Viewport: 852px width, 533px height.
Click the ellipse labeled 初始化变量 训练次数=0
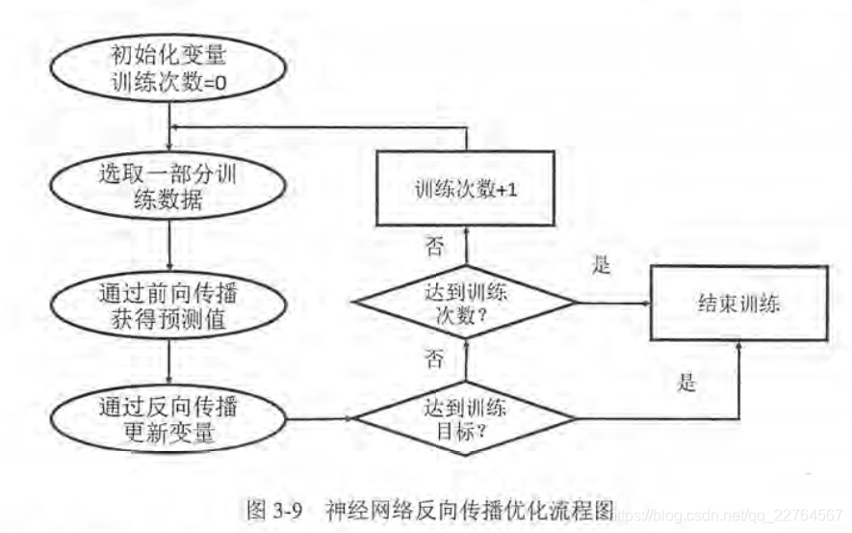[169, 70]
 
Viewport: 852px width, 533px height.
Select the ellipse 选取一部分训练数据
[169, 189]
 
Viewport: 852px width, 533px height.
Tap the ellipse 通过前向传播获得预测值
[169, 306]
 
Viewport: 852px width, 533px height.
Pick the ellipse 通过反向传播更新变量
[169, 418]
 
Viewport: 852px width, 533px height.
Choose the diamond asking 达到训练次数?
[466, 301]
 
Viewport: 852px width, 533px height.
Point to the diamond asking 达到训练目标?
[466, 418]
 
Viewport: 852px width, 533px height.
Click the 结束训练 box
[738, 303]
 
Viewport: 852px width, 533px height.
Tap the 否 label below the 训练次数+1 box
[435, 247]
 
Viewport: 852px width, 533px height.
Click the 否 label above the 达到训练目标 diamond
[435, 360]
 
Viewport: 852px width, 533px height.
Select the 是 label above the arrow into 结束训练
[601, 267]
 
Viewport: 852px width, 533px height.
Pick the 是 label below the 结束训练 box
[686, 383]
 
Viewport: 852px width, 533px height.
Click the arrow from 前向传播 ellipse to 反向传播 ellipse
[169, 363]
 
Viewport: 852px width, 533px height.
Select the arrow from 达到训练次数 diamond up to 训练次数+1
[466, 245]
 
